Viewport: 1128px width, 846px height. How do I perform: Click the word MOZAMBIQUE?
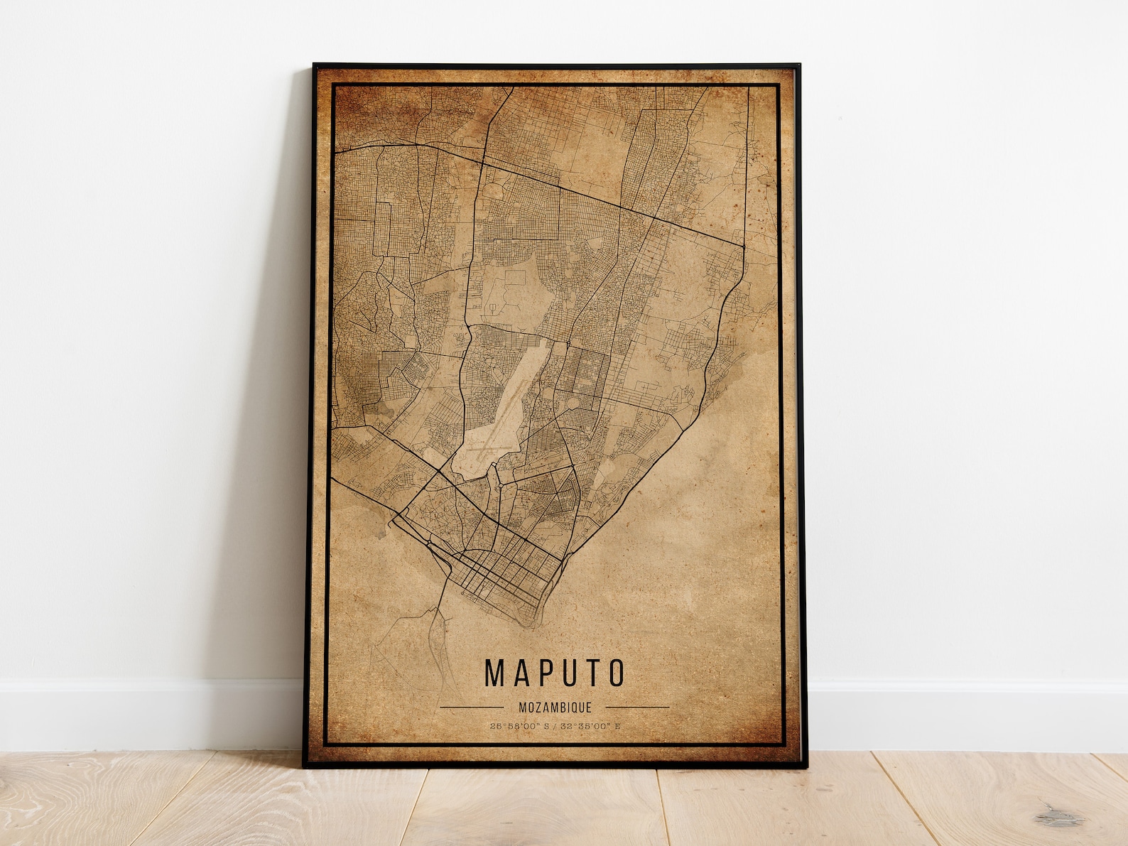click(x=555, y=707)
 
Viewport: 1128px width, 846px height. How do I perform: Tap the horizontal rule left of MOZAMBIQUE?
click(x=471, y=707)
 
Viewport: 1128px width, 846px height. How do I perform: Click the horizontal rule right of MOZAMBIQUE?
click(x=637, y=707)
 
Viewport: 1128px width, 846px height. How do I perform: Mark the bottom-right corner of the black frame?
click(x=800, y=766)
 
